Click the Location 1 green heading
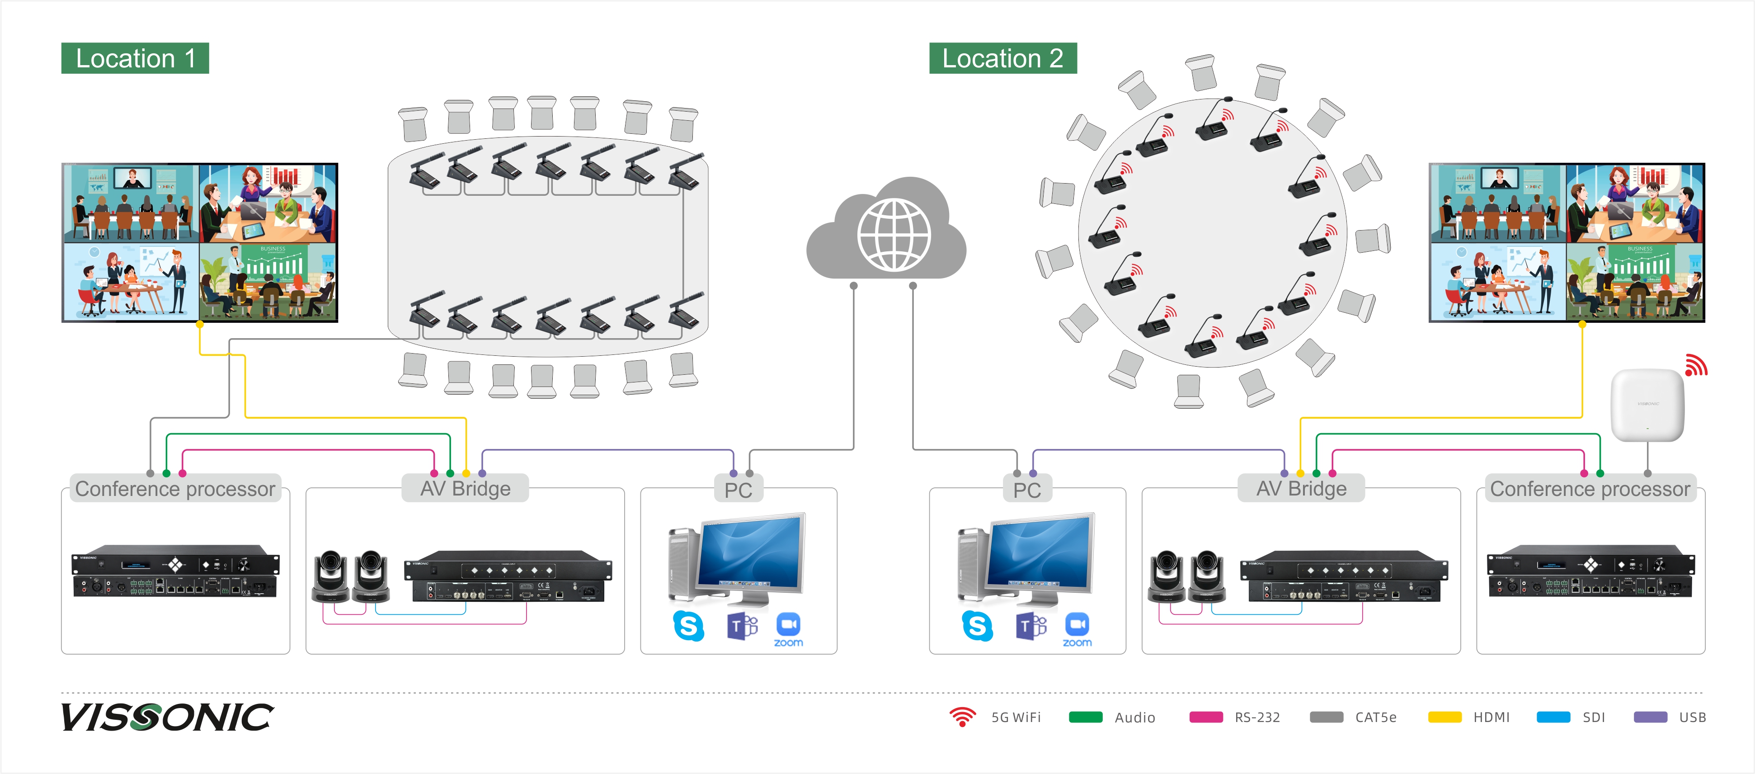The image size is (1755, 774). pyautogui.click(x=135, y=58)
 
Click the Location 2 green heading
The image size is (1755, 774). pyautogui.click(x=1002, y=58)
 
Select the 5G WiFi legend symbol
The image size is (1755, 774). pyautogui.click(x=962, y=717)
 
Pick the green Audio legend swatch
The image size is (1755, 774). pyautogui.click(x=1085, y=717)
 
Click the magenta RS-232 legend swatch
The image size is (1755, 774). pyautogui.click(x=1205, y=717)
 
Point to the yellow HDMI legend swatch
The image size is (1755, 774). pyautogui.click(x=1444, y=717)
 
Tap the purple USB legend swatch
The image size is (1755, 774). pyautogui.click(x=1650, y=717)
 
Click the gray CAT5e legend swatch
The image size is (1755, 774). pyautogui.click(x=1326, y=717)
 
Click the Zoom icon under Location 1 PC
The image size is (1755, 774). pyautogui.click(x=788, y=628)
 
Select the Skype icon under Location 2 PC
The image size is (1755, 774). pyautogui.click(x=977, y=625)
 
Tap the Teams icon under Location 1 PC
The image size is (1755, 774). pyautogui.click(x=742, y=625)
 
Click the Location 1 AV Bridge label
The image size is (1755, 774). pyautogui.click(x=466, y=489)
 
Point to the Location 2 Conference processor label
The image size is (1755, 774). pyautogui.click(x=1590, y=489)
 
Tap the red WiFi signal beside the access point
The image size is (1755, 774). pyautogui.click(x=1696, y=365)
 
